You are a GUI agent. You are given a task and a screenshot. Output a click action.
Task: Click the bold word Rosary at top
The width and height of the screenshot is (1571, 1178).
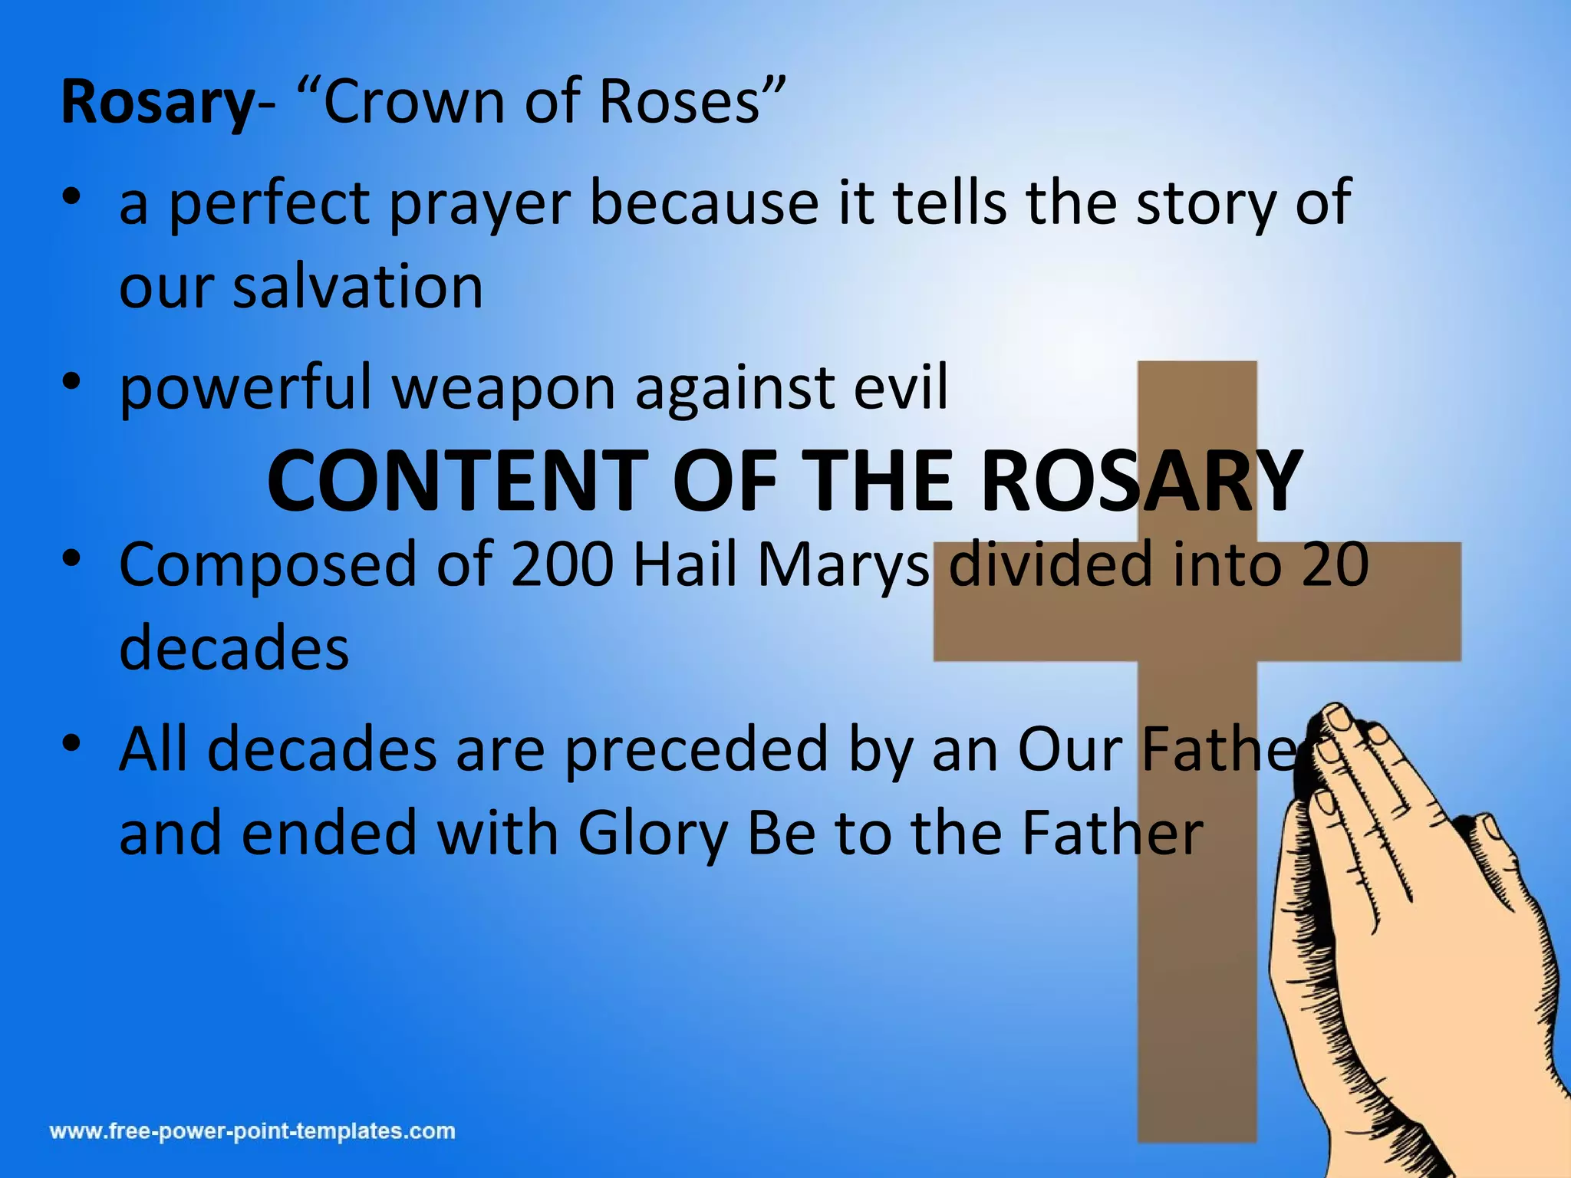(x=156, y=102)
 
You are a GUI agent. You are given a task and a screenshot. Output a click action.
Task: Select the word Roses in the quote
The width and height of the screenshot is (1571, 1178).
(x=680, y=102)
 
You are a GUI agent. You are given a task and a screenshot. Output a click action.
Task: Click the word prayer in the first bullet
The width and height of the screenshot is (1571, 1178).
(x=480, y=204)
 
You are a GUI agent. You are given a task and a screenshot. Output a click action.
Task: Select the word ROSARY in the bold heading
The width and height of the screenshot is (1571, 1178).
(x=1141, y=482)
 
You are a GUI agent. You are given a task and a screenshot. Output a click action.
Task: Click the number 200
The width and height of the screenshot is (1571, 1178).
(x=562, y=564)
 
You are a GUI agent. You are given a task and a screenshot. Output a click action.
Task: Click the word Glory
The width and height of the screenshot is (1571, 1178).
(x=653, y=834)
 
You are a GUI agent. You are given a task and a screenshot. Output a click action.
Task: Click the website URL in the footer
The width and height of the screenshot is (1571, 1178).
(x=252, y=1131)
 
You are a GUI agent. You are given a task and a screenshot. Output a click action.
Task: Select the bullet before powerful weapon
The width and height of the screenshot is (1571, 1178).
(x=72, y=381)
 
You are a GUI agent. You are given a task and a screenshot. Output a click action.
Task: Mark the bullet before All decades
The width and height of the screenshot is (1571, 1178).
(x=72, y=743)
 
